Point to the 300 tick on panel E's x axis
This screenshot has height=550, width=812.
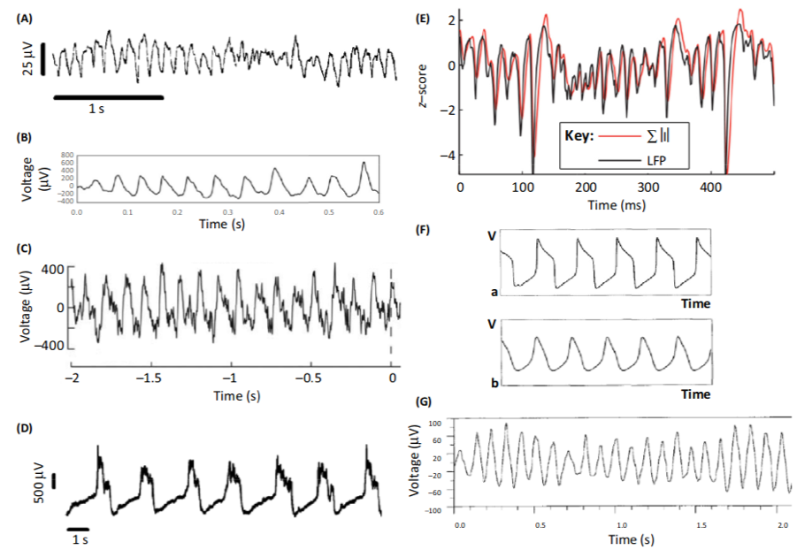coord(647,188)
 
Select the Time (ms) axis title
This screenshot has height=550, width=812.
coord(616,205)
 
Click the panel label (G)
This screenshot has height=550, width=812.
coord(425,402)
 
